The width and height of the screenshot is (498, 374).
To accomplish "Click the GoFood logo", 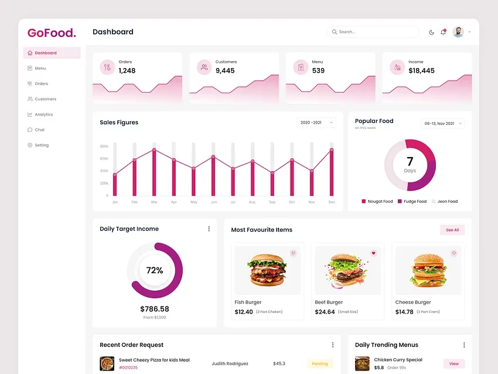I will [52, 33].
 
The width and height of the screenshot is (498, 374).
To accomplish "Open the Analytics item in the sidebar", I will [43, 114].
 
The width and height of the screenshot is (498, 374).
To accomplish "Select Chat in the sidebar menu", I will [39, 130].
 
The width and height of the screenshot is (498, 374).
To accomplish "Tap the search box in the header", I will [373, 32].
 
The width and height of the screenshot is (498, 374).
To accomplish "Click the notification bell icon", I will [443, 32].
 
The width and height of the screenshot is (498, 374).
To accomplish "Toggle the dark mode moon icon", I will [432, 32].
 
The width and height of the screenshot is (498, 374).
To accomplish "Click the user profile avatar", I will [458, 32].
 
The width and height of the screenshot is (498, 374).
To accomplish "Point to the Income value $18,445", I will [421, 70].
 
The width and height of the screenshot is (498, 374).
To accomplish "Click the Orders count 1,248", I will [127, 70].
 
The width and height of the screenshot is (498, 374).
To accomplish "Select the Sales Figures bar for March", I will [154, 173].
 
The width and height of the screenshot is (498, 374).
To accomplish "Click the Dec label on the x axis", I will [332, 202].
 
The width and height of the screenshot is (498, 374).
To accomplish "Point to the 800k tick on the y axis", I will [104, 146].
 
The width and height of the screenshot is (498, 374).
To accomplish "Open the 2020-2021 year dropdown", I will [316, 123].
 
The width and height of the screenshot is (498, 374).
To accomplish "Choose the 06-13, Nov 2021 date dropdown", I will [442, 123].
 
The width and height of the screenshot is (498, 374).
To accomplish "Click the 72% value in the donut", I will [155, 270].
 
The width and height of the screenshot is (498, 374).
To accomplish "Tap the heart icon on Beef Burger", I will [373, 253].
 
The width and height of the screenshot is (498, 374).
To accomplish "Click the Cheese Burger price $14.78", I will [404, 312].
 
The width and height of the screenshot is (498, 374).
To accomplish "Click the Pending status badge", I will [319, 363].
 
